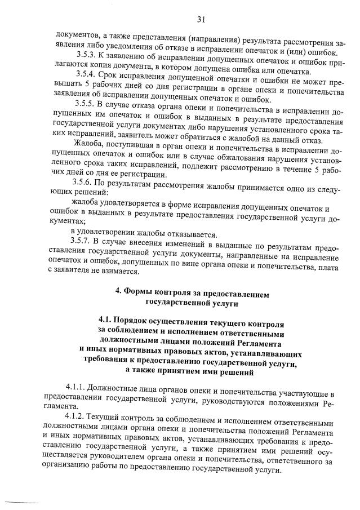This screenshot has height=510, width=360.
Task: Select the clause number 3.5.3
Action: [86, 55]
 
